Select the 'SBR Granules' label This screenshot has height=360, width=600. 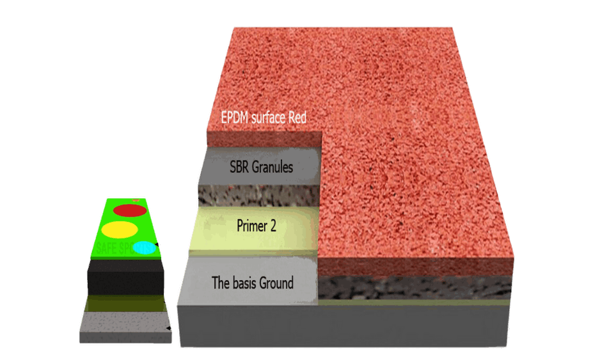pos(262,168)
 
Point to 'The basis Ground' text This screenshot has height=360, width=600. pos(252,283)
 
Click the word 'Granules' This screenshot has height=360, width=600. pos(272,168)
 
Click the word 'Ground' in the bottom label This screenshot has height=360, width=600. pos(276,283)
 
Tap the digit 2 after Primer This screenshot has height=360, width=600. pos(273,225)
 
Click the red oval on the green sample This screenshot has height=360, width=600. pos(130,210)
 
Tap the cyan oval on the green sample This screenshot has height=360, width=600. pos(144,247)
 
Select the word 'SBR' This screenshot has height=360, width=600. pos(241,168)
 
